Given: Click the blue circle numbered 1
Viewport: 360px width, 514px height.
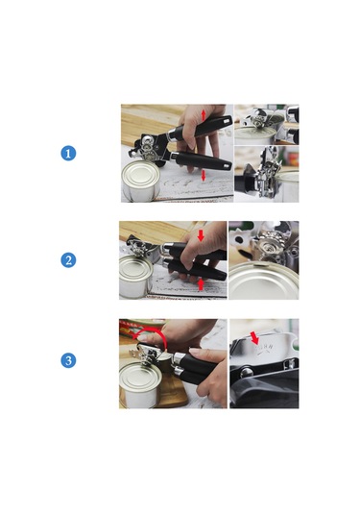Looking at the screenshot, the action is (x=68, y=153).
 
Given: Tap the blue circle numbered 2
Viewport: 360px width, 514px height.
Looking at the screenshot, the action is (x=68, y=260).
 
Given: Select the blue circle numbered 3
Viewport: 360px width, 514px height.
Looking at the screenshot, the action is (x=68, y=360).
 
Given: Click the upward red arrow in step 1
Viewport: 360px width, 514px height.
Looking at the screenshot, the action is (x=204, y=114).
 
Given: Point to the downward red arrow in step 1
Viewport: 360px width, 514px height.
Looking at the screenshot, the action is (x=204, y=176).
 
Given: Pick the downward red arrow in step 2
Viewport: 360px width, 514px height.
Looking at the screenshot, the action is (x=201, y=235).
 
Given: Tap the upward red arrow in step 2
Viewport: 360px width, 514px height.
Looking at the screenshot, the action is (x=202, y=284).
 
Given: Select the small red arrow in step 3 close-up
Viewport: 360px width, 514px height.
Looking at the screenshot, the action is (x=254, y=338).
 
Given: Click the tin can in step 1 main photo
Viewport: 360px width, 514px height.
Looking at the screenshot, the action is (x=141, y=181).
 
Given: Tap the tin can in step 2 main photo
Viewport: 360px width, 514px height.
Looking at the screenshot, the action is (x=135, y=277).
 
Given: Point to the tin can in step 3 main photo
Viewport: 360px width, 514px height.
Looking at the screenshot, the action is (x=140, y=384).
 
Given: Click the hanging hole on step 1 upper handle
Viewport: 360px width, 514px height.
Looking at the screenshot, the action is (x=226, y=122).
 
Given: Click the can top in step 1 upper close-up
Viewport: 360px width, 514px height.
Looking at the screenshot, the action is (x=254, y=134).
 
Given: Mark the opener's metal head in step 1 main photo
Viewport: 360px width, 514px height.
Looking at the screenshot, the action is (x=150, y=148).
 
